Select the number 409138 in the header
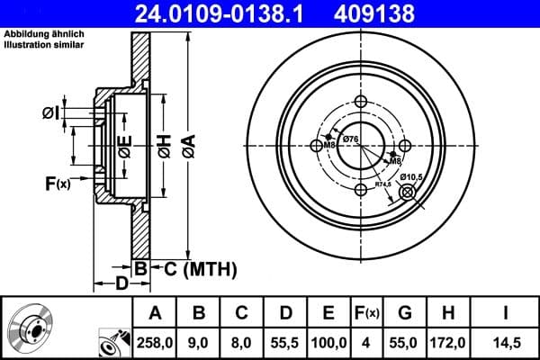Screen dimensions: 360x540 pos(400,13)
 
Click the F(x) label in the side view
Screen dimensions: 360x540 pos(58,184)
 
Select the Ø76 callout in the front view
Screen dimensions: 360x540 pos(351,138)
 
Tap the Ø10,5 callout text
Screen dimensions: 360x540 pos(411,176)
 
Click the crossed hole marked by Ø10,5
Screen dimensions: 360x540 pos(406,192)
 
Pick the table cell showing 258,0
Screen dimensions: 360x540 pos(154,343)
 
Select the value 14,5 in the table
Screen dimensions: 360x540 pos(505,343)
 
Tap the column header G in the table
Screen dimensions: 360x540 pos(406,313)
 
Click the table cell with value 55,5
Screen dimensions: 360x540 pos(283,343)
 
